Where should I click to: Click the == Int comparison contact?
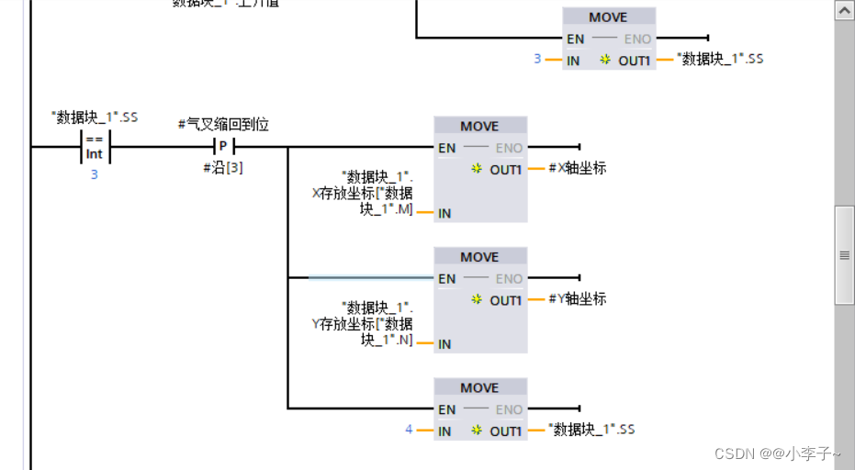(95, 147)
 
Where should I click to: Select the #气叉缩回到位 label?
(223, 124)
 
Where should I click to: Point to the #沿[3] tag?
(223, 168)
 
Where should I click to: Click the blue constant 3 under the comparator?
(94, 173)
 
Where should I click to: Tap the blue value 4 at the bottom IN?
(410, 430)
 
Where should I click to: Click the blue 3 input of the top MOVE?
(538, 59)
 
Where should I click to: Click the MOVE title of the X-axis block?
(479, 126)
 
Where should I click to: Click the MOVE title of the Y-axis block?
(479, 257)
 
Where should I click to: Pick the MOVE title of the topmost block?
(608, 17)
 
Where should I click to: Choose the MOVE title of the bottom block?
(479, 387)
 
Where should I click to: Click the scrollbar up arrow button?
(844, 10)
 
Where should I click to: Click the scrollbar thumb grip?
(844, 255)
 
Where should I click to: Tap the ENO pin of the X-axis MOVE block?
(509, 148)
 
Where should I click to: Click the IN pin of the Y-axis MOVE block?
(444, 344)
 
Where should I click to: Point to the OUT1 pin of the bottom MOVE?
(505, 431)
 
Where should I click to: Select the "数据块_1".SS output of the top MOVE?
(719, 59)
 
